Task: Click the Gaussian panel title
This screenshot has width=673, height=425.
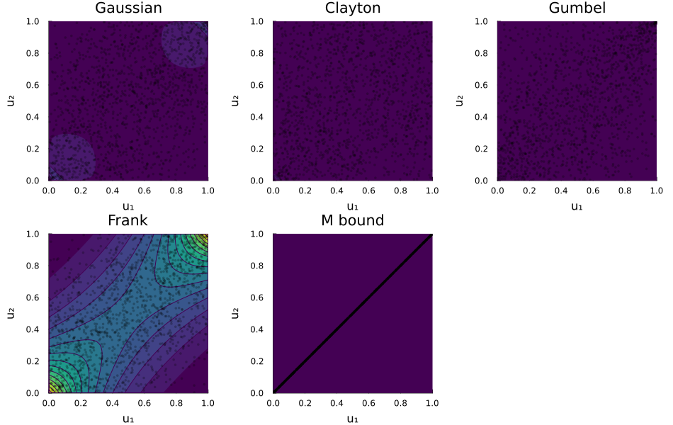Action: pos(128,8)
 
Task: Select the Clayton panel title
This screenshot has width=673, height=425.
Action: pos(352,8)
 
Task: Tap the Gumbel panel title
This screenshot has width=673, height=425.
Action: pos(577,8)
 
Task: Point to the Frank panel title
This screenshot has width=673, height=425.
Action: pos(128,220)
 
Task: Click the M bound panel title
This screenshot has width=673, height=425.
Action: pos(352,220)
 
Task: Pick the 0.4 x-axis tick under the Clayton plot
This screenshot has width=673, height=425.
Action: pos(336,191)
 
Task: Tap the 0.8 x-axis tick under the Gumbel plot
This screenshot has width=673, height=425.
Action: pos(625,191)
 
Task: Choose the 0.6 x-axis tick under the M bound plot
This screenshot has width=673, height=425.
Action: pos(368,403)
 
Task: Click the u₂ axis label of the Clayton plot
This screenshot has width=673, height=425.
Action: pos(235,101)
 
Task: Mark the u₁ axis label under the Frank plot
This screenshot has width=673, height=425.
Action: pos(128,419)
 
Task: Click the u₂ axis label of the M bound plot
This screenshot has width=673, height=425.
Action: pos(235,312)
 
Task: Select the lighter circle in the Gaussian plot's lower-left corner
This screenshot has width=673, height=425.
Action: pos(70,156)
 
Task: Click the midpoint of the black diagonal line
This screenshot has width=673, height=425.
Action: pos(352,313)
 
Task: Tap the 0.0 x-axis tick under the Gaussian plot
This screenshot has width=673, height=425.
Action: pos(49,191)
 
